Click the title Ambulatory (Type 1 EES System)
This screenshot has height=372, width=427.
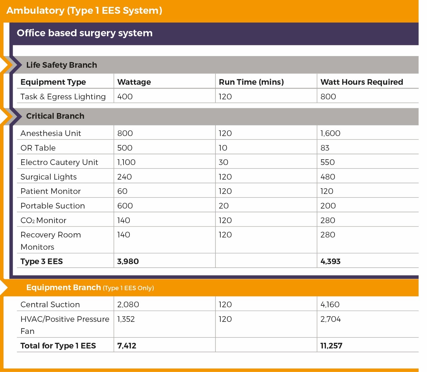pos(84,10)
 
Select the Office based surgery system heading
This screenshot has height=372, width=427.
pos(84,33)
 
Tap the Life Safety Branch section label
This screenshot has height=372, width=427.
pos(61,65)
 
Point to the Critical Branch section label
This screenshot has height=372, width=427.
pos(55,116)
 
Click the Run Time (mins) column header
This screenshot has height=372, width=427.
pos(251,82)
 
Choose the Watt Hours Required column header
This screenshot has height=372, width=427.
pos(361,82)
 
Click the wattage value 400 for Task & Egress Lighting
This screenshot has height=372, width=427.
pos(125,97)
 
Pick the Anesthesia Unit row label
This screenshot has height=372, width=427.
pos(51,133)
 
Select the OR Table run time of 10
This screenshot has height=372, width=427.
pos(223,148)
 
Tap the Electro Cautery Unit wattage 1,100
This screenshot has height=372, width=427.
pos(126,162)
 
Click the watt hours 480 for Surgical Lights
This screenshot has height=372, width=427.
pos(328,177)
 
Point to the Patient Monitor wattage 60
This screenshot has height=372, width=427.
pos(122,191)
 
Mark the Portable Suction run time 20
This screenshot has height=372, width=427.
pos(223,206)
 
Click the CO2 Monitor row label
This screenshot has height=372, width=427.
pos(43,220)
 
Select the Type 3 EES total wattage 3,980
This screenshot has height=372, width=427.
pos(128,261)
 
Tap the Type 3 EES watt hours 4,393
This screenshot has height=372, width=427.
pos(330,261)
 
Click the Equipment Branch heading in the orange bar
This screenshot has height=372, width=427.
pos(63,288)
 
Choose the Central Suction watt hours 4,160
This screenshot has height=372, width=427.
pos(330,305)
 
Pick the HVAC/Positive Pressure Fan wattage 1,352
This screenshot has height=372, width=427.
pos(126,319)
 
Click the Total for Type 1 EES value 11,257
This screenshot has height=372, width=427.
pos(331,346)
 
